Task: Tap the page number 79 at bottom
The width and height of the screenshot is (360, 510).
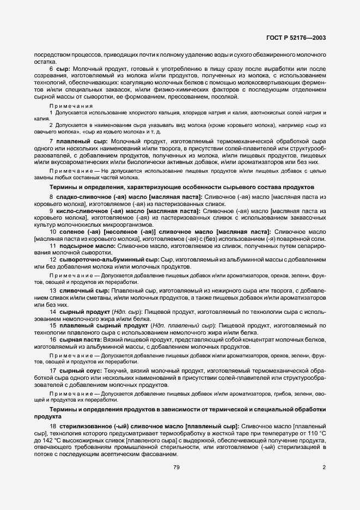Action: pyautogui.click(x=176, y=467)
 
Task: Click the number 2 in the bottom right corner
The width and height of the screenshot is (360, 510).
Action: pyautogui.click(x=324, y=467)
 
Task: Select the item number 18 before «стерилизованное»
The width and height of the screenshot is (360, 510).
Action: pyautogui.click(x=52, y=426)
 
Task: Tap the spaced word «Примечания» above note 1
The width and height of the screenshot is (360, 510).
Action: pyautogui.click(x=71, y=105)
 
